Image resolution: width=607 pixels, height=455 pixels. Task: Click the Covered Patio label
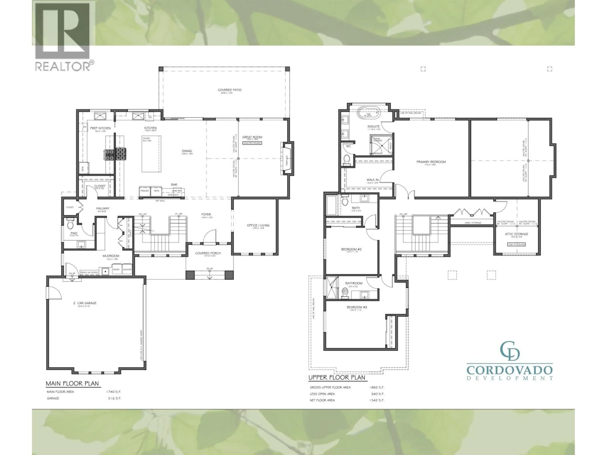(229, 90)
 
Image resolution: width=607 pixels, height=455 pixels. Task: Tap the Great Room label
(252, 137)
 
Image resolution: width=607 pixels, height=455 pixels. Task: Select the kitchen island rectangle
(151, 154)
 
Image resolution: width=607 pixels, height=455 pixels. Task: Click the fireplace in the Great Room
(286, 158)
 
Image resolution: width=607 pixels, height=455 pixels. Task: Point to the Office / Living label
(258, 225)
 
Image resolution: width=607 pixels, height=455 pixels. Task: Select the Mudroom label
(111, 256)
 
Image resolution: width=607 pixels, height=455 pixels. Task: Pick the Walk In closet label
(372, 180)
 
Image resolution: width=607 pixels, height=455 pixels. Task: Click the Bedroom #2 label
(351, 249)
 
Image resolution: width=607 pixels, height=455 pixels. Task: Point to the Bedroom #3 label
(357, 307)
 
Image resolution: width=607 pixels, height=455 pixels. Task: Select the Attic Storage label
(516, 234)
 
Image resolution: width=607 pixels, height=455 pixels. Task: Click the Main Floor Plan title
(72, 383)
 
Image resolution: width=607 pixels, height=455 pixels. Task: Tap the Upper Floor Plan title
(337, 377)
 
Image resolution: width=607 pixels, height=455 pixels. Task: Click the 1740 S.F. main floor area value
(114, 392)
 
